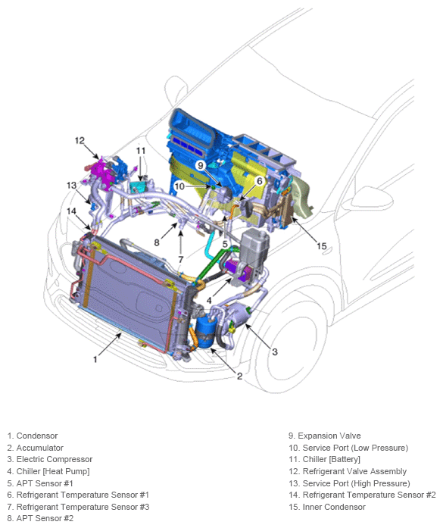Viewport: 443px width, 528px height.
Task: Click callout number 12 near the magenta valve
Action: tap(80, 140)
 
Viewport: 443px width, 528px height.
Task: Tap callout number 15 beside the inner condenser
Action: tap(322, 246)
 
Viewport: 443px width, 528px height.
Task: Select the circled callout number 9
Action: tap(201, 165)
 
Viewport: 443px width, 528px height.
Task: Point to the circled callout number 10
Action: tap(179, 186)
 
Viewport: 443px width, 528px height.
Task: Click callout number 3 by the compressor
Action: tap(275, 352)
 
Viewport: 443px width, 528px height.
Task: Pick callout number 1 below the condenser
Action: tap(95, 360)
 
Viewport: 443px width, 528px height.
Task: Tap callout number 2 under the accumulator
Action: tap(239, 376)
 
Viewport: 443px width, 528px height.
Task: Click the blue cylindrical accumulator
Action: tap(204, 331)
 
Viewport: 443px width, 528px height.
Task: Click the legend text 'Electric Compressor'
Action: tap(55, 459)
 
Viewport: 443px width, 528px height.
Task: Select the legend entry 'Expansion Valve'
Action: tap(325, 436)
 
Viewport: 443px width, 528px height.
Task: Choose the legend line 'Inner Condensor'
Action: tap(327, 507)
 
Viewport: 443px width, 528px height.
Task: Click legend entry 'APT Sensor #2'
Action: tap(40, 519)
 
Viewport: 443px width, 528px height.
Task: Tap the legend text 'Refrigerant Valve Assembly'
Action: tap(348, 471)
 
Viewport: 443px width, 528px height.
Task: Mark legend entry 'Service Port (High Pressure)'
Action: tap(349, 483)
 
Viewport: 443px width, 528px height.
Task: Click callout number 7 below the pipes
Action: tap(181, 260)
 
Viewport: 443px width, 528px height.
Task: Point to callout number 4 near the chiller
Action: tap(209, 301)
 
